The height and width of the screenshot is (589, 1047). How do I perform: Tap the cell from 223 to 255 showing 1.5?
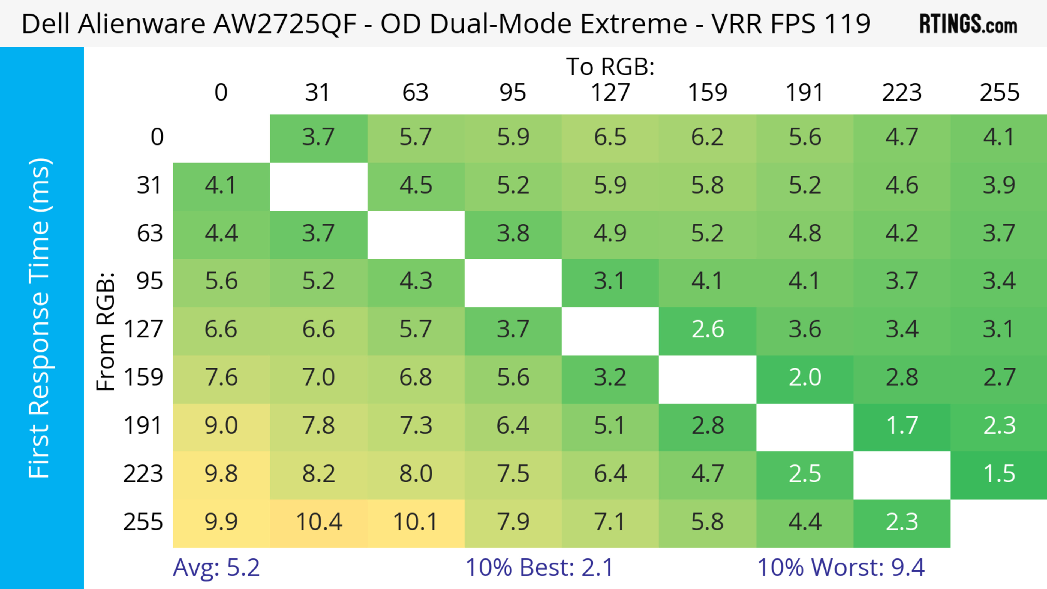[999, 474]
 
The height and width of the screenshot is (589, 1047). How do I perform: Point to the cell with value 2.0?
[805, 378]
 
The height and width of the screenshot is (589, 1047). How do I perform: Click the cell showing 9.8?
[221, 474]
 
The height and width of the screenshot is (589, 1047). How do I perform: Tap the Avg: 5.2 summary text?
[216, 567]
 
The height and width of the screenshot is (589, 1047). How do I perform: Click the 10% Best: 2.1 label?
[539, 567]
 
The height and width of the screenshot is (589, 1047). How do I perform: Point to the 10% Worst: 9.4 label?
[841, 567]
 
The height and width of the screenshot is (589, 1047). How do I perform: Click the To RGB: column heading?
[610, 67]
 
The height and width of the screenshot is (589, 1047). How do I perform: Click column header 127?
[610, 93]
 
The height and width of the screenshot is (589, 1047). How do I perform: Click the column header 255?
[999, 93]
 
